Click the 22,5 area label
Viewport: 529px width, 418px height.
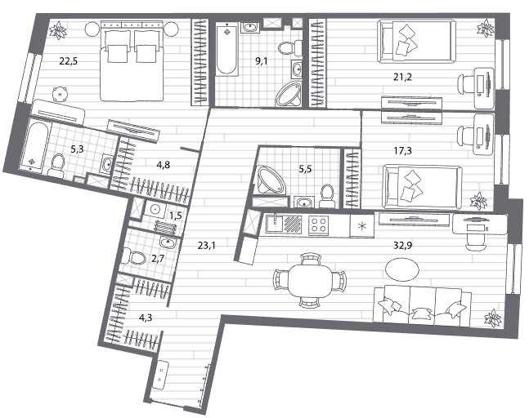[69, 61]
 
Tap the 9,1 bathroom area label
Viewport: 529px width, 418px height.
[261, 61]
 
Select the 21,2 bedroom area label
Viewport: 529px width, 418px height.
[402, 78]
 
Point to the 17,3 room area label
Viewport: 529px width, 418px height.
[402, 151]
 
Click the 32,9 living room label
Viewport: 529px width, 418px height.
[403, 245]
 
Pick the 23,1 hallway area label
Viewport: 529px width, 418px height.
[207, 246]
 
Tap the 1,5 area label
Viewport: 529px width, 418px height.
[176, 216]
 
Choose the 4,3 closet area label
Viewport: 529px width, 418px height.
[146, 318]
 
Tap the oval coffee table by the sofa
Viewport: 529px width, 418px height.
[402, 269]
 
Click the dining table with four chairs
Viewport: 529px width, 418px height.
[311, 280]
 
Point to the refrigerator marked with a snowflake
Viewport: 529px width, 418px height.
[361, 226]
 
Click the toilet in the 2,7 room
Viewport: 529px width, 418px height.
[133, 257]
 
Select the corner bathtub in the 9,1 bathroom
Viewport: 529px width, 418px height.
[289, 95]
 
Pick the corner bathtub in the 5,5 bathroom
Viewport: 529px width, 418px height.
[271, 180]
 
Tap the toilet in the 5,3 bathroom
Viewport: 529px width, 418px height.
[57, 166]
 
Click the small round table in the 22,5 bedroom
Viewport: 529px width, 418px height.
[60, 95]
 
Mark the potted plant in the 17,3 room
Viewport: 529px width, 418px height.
[478, 201]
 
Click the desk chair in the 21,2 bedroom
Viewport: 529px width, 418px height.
[466, 83]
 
